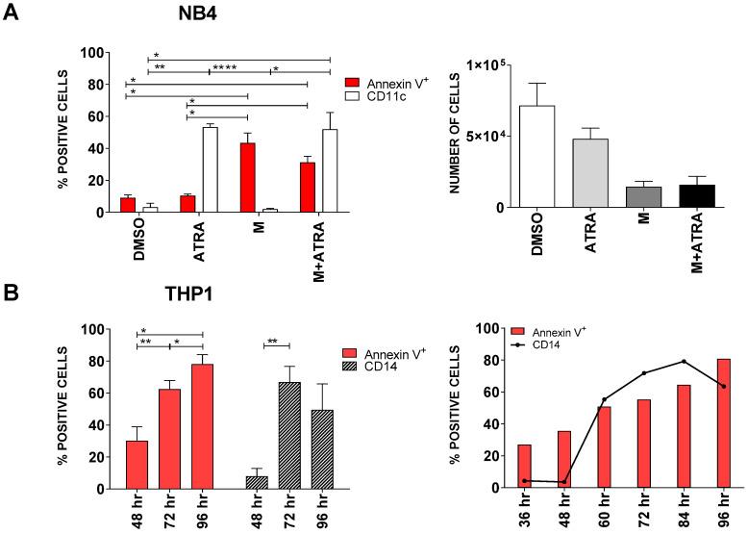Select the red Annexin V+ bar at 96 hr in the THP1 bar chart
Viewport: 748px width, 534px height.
[x=203, y=426]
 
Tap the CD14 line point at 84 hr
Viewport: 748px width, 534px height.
[x=685, y=362]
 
